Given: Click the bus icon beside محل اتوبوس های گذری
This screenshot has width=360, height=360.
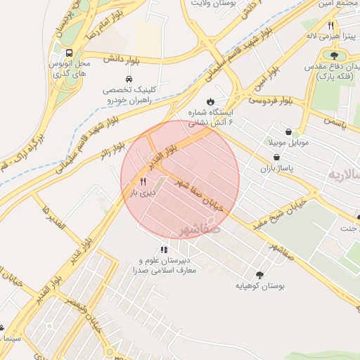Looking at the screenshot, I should point(69,53).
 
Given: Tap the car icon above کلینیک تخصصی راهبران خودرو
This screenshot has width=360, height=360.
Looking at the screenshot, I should point(129,79).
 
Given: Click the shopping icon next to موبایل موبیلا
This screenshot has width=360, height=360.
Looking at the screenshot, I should point(289,131).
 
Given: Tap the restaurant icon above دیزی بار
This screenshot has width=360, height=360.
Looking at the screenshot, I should point(143,181).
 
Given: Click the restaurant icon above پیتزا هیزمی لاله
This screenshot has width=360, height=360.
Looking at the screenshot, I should point(330,25).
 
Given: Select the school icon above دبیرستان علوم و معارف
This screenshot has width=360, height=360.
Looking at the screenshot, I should point(164,249).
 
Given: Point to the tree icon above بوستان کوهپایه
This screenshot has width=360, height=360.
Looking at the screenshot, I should point(261,275).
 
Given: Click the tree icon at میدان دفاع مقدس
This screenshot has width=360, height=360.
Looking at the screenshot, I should point(334,56).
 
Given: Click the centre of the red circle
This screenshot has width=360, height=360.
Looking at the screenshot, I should point(180,179).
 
